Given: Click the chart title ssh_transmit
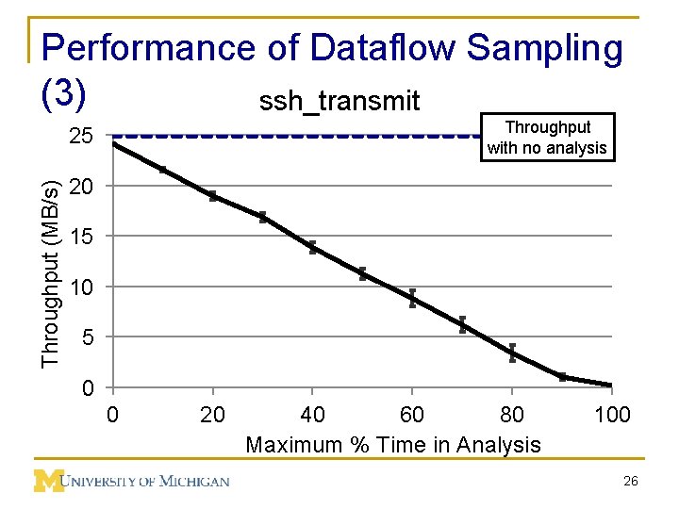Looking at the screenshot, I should [x=339, y=101].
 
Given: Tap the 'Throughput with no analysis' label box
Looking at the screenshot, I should [x=547, y=138].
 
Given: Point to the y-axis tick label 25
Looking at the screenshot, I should [x=81, y=137].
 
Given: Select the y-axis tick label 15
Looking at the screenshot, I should [x=81, y=237].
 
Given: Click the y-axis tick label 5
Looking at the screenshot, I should [x=87, y=337].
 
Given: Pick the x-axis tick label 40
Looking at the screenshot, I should [x=312, y=415].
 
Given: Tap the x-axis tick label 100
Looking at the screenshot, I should [x=612, y=415].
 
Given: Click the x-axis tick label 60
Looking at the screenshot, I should [x=412, y=415].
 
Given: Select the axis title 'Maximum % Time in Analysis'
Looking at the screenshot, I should [x=393, y=445].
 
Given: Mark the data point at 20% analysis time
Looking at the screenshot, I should [x=213, y=196].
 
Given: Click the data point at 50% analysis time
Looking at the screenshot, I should [x=362, y=274].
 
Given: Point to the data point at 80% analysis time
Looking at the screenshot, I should [x=512, y=353].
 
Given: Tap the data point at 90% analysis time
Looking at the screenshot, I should [x=562, y=377].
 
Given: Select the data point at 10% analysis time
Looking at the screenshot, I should [x=163, y=171].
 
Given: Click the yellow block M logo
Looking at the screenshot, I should [x=48, y=481].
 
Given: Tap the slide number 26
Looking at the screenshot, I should [x=631, y=482].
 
